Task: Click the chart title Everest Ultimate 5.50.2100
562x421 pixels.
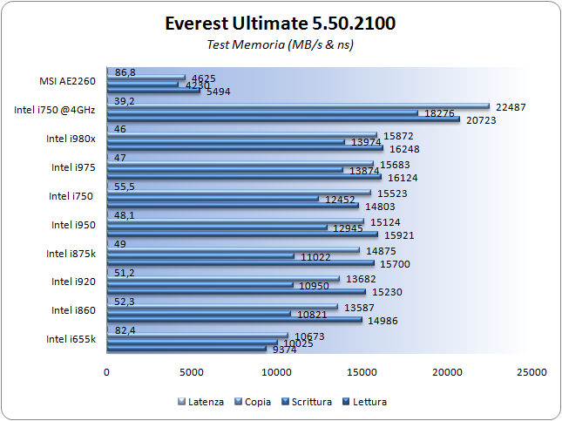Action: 280,24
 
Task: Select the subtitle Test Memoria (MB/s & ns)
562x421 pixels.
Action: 280,44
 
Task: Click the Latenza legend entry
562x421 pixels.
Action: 206,402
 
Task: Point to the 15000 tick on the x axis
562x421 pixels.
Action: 362,372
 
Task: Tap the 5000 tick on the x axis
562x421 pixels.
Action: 192,372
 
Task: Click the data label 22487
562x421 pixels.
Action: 511,106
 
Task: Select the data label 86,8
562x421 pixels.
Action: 125,73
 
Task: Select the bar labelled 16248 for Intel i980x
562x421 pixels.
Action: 245,147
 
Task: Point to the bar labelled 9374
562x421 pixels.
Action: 186,349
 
